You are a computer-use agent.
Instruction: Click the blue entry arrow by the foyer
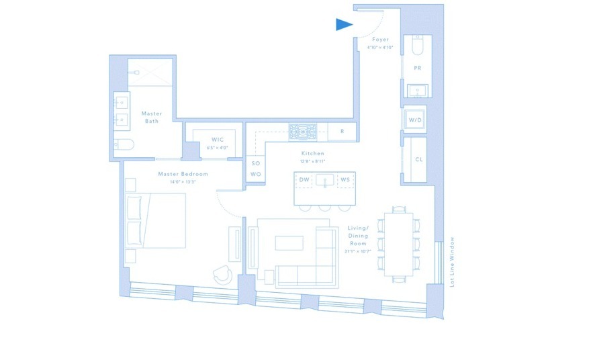(344, 25)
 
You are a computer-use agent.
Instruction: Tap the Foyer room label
(380, 40)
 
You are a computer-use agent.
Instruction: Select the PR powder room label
(417, 68)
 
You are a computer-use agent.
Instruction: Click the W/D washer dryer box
(415, 120)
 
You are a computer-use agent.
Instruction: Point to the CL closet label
(418, 160)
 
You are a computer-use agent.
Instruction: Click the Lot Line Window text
(452, 263)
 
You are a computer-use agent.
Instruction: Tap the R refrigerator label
(343, 132)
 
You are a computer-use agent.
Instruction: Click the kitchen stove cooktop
(302, 132)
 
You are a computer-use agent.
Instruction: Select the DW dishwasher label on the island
(304, 179)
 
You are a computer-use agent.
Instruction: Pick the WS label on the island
(345, 179)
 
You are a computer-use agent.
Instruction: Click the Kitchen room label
(313, 153)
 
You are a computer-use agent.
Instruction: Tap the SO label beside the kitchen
(255, 163)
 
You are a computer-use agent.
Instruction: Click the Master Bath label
(152, 118)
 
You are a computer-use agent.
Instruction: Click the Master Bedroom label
(183, 174)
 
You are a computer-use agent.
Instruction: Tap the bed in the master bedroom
(156, 220)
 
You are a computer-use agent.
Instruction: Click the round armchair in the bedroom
(222, 274)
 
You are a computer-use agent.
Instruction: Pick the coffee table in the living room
(289, 242)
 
